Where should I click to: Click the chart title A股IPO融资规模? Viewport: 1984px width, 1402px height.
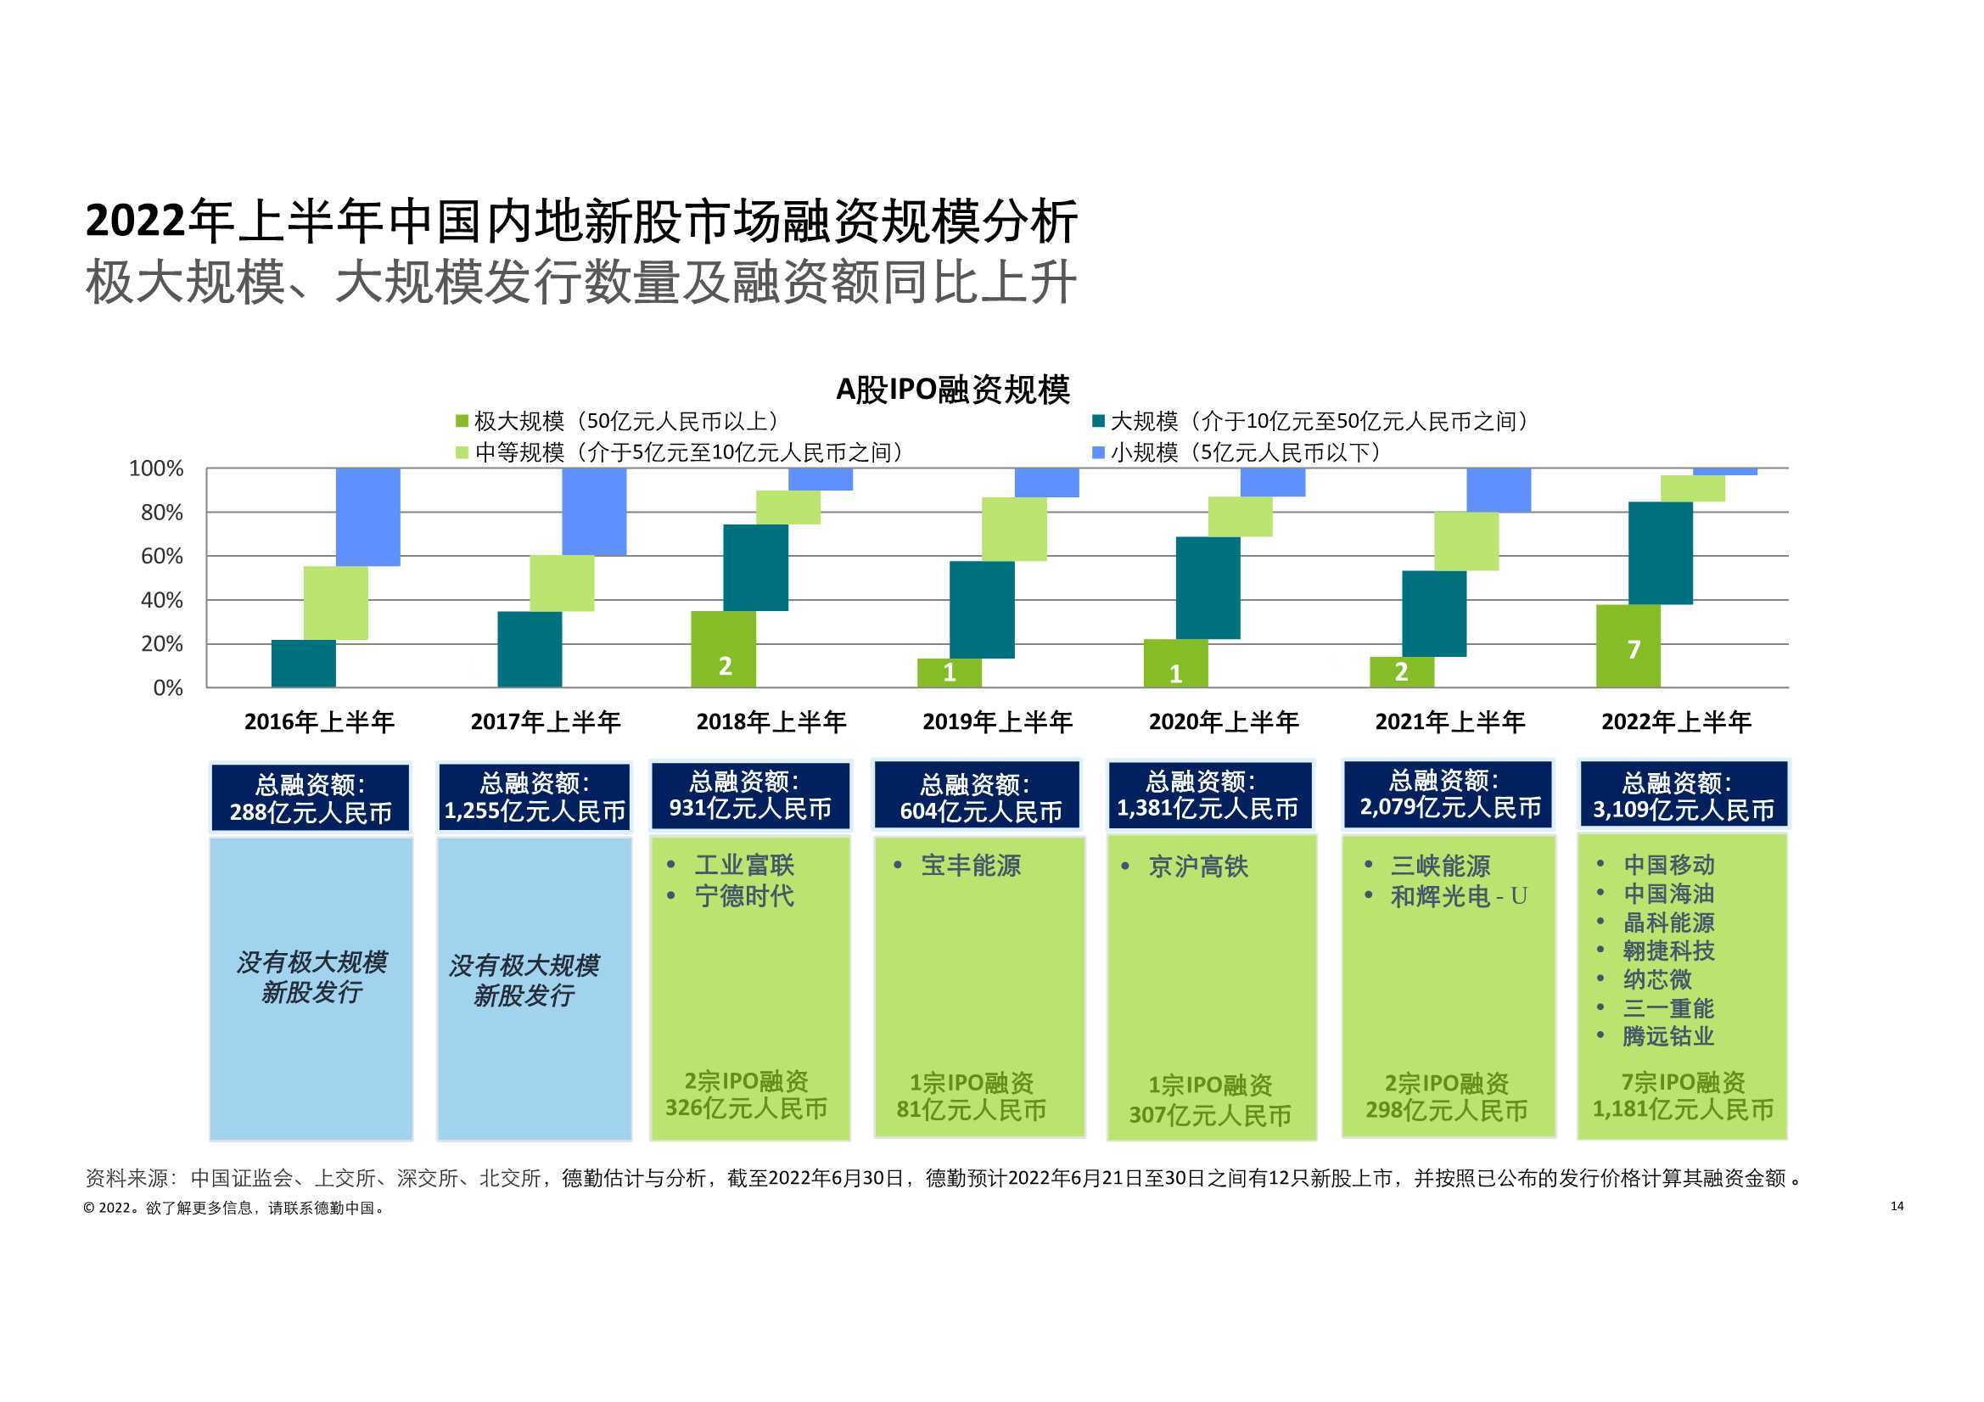[952, 390]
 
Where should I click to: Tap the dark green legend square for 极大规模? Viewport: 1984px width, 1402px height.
[462, 421]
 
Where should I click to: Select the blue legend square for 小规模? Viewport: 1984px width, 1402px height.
[1098, 452]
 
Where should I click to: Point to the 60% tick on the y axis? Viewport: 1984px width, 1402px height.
[161, 557]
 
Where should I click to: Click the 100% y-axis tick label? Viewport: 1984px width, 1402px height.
[156, 468]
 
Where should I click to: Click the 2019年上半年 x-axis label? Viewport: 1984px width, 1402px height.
[997, 721]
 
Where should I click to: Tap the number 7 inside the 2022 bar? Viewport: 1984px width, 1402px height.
[1634, 649]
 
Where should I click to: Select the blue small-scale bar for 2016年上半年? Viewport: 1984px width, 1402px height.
[368, 517]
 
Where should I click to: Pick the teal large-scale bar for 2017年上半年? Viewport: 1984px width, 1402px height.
[530, 649]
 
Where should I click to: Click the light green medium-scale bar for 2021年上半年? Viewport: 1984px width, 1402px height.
[1466, 541]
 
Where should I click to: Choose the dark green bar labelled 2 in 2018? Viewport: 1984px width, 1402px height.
[723, 649]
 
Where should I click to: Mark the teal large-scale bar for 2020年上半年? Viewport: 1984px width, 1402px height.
[1208, 588]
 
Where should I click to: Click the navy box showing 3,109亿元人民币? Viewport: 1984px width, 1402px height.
[1684, 796]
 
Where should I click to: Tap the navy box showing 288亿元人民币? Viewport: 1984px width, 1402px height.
[311, 798]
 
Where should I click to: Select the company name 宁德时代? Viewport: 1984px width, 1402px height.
[744, 895]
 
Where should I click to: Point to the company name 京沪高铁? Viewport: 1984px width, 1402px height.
[1197, 866]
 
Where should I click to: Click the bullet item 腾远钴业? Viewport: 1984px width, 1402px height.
[1667, 1035]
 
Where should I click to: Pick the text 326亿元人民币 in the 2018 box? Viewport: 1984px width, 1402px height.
[746, 1108]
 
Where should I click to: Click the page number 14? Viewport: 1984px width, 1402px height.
[1897, 1206]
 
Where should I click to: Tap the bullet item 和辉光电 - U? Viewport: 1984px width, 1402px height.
[1459, 896]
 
